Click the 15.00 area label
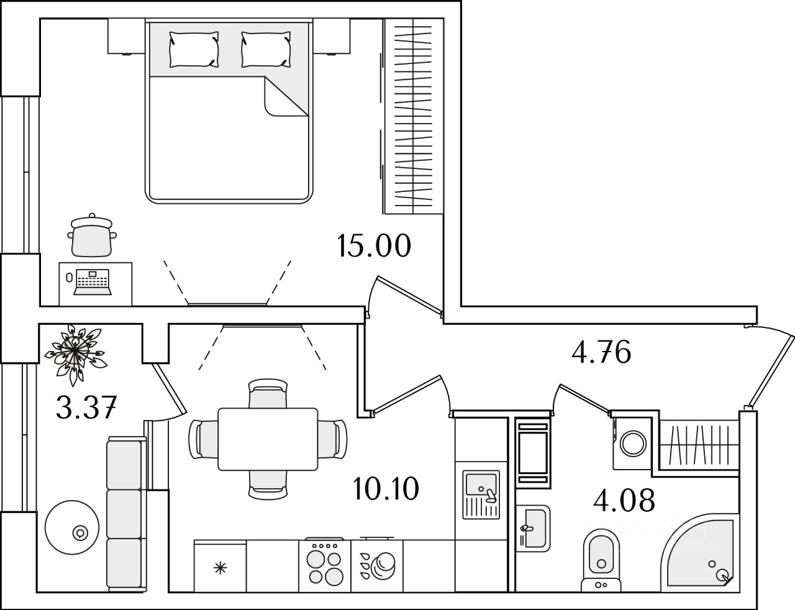[x=374, y=246]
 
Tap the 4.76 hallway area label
[x=601, y=353]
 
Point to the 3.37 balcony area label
[x=86, y=408]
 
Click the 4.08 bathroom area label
[x=624, y=499]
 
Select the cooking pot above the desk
[x=92, y=235]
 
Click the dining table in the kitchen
[x=268, y=439]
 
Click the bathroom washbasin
[x=532, y=527]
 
